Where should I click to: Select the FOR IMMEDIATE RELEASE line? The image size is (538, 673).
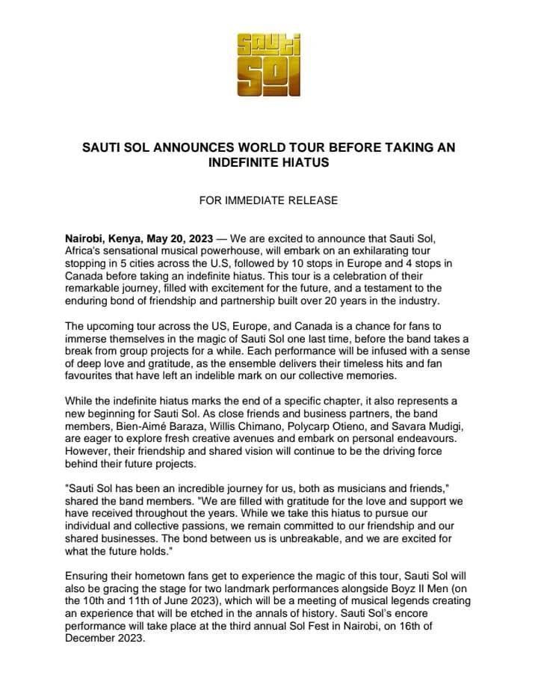pyautogui.click(x=268, y=200)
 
